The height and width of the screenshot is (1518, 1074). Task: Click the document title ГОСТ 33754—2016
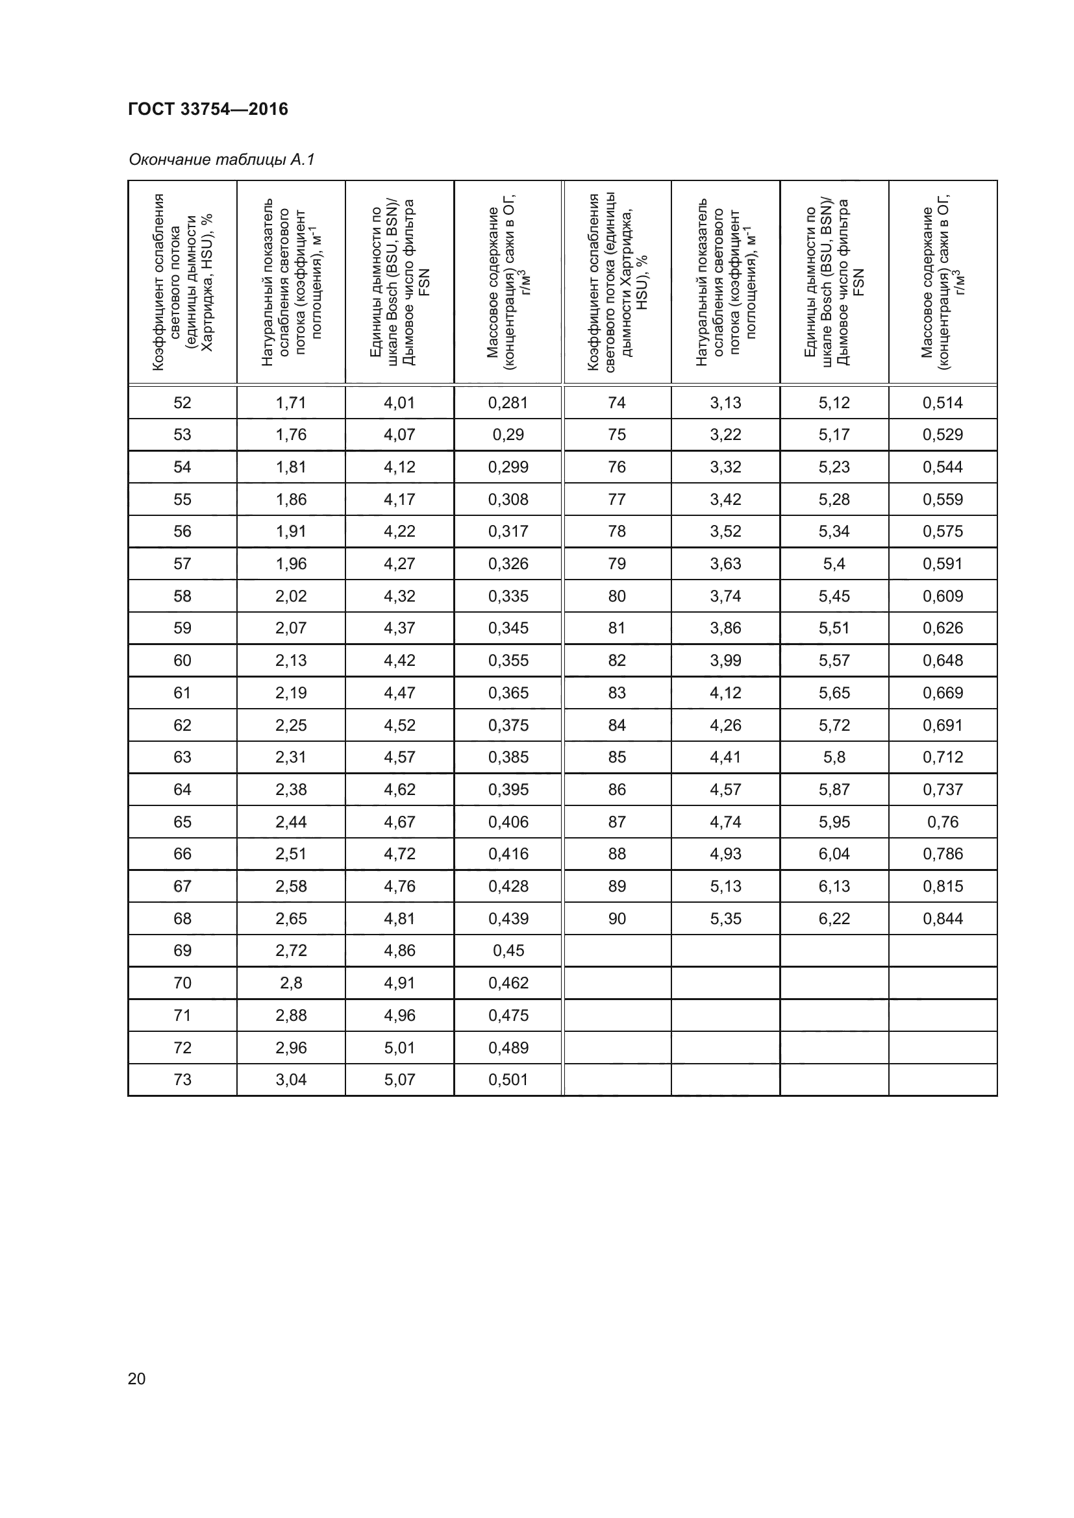tap(208, 109)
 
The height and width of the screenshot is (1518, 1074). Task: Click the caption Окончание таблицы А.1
tap(221, 160)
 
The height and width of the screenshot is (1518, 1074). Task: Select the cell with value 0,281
tap(508, 402)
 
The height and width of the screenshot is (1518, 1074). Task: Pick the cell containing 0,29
tap(508, 434)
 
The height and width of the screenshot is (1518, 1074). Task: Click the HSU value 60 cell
tap(182, 661)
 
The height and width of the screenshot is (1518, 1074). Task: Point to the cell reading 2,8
tap(291, 983)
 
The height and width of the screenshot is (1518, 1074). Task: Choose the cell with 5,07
tap(399, 1080)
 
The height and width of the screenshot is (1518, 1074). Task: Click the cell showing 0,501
tap(508, 1080)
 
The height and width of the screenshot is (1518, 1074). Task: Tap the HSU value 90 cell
tap(616, 918)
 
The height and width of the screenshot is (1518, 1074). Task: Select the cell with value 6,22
tap(834, 918)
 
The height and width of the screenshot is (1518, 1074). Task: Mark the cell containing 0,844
tap(942, 918)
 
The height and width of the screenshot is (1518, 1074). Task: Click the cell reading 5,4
tap(834, 564)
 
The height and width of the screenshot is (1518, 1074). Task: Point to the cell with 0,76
tap(942, 822)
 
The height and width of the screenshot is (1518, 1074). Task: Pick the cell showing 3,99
tap(725, 661)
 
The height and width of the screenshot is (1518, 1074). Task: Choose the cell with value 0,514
tap(942, 402)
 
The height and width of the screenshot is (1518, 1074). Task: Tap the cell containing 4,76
tap(399, 886)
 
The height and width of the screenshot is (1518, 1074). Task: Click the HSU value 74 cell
tap(616, 402)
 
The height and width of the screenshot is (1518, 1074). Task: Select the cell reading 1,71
tap(291, 402)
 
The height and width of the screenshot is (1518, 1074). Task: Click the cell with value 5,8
tap(834, 757)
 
